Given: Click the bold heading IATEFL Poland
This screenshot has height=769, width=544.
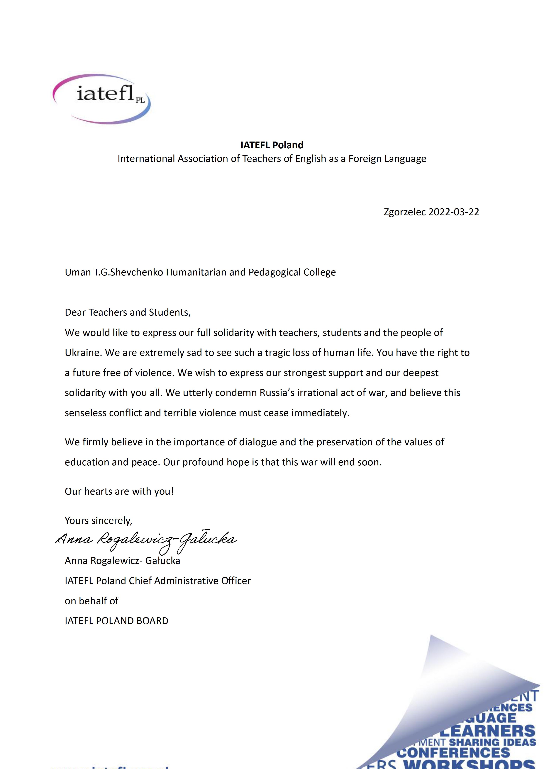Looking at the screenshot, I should [x=272, y=145].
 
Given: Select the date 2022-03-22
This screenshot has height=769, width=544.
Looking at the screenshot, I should [x=454, y=212].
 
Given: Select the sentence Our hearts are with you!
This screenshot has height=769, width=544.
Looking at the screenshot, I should [x=119, y=491].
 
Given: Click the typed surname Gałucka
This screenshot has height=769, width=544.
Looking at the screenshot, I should [x=163, y=561].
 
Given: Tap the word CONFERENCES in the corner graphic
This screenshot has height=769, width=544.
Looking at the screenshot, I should [x=453, y=753].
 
